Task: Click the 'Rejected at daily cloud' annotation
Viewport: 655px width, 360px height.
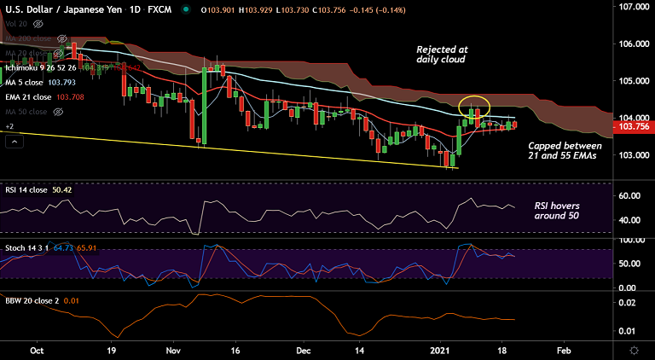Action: (442, 55)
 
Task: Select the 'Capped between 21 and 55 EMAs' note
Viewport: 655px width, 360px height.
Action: (565, 151)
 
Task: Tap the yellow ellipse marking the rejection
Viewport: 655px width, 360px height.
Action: (474, 107)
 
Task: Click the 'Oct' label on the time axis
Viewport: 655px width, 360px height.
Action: (37, 350)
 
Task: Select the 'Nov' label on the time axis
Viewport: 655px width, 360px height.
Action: (173, 350)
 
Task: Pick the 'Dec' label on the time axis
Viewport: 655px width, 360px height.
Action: (304, 350)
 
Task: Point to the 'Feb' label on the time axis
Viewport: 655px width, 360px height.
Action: (565, 350)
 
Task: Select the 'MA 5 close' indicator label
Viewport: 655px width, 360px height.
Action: (29, 82)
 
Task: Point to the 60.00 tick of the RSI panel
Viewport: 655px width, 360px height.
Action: (630, 195)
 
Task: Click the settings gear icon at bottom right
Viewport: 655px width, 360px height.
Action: (635, 350)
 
